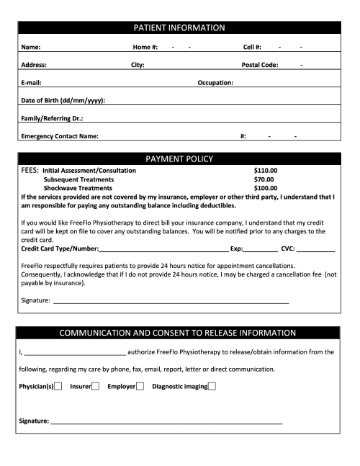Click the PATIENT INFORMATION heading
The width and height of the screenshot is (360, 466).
click(180, 28)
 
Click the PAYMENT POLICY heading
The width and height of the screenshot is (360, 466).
click(180, 158)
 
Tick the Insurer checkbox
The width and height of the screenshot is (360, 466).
click(95, 387)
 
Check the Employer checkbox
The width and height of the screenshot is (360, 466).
click(140, 387)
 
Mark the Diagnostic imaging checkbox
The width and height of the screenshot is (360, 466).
click(212, 387)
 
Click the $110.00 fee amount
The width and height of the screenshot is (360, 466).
click(266, 171)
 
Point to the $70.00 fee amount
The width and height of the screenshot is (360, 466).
click(264, 179)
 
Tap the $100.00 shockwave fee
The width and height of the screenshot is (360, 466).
click(266, 187)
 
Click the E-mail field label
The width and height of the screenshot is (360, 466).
click(31, 83)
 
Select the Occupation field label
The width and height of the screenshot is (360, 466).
click(215, 83)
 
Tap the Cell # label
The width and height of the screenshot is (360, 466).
click(253, 48)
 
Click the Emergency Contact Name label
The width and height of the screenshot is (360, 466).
click(60, 135)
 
